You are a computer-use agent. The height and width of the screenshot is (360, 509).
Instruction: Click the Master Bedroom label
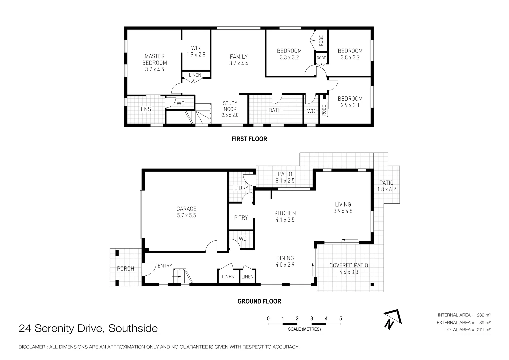[154, 63]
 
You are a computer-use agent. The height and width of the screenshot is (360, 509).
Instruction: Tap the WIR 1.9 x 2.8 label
[196, 51]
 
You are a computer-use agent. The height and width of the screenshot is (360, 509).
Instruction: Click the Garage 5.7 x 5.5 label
[186, 212]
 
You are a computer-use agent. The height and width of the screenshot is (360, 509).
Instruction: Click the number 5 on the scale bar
[340, 319]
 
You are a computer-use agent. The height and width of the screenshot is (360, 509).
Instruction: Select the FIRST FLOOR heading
[249, 139]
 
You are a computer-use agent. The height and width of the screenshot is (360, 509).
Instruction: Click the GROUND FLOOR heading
[259, 301]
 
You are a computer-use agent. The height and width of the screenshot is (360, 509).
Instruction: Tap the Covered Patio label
[349, 268]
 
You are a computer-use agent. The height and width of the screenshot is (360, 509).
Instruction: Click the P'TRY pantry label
[241, 218]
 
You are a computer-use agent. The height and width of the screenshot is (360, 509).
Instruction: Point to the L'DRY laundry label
[241, 188]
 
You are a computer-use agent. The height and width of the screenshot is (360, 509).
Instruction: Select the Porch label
[125, 269]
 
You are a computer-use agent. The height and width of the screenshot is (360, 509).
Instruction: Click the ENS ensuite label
[146, 109]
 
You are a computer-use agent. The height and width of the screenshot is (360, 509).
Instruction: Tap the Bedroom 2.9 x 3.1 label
[350, 102]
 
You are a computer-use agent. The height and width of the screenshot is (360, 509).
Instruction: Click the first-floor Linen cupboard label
[195, 75]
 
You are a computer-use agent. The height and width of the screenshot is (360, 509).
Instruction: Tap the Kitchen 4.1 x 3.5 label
[285, 216]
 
